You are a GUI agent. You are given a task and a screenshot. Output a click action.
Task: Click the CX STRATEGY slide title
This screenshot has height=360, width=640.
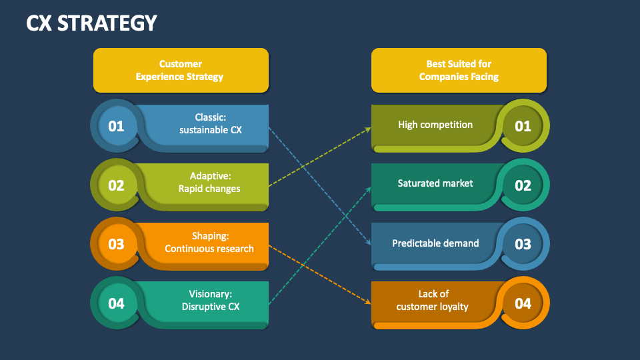(91, 23)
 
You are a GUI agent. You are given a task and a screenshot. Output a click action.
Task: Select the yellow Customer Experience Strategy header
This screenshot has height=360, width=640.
(180, 70)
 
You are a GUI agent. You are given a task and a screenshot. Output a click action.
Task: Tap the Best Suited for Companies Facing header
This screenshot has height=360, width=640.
(459, 70)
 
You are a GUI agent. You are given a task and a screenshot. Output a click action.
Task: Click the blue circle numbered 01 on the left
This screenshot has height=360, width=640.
(116, 126)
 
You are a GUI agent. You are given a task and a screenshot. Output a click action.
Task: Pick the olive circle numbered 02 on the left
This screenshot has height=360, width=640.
(116, 185)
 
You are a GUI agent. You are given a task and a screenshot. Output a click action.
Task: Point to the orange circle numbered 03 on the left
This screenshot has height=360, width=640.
(116, 243)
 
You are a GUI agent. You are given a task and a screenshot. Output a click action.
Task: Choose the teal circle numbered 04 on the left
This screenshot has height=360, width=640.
(116, 303)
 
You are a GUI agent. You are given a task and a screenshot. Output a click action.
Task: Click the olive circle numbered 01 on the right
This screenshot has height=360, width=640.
(523, 125)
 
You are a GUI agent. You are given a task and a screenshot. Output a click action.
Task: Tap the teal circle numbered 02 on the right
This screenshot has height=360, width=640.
(523, 185)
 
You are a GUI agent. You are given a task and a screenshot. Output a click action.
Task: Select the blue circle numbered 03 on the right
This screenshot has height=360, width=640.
(523, 244)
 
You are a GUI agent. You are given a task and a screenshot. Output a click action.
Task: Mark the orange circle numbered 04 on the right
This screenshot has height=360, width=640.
(523, 303)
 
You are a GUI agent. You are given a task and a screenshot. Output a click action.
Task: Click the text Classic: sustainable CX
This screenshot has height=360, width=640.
(210, 123)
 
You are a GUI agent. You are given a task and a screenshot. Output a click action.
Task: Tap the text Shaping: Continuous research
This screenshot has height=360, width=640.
(209, 242)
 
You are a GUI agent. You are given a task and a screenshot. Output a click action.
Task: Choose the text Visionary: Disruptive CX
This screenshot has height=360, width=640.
(210, 301)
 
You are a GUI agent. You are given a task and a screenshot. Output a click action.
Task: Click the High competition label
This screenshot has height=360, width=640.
(435, 125)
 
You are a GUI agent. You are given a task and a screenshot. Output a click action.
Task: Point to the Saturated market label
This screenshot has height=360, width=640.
(435, 183)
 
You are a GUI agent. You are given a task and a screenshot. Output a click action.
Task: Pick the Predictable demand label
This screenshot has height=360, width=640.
(435, 243)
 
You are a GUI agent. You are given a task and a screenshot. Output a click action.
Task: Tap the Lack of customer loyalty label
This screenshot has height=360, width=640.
(433, 300)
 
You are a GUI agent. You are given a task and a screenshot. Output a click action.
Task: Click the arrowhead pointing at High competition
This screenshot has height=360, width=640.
(368, 129)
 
